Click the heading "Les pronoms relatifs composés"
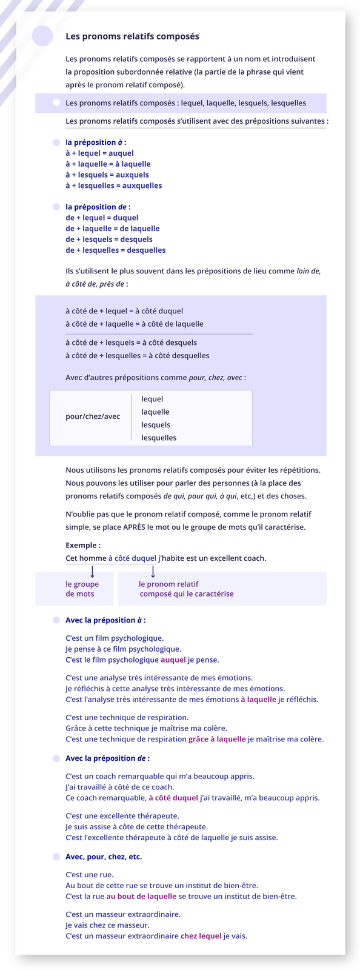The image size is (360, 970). [x=132, y=36]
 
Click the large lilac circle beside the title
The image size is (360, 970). [x=42, y=36]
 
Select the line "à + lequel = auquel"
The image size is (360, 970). [x=99, y=153]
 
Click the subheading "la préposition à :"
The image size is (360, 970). [x=96, y=142]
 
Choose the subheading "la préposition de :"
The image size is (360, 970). [x=98, y=207]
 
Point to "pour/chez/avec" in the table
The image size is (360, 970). [x=93, y=416]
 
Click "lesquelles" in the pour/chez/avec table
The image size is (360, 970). [x=159, y=438]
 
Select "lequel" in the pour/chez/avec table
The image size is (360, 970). [x=152, y=399]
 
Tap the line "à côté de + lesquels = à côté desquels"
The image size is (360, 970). [x=131, y=343]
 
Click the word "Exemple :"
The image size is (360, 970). [x=83, y=545]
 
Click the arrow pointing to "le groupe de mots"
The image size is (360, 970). [x=92, y=572]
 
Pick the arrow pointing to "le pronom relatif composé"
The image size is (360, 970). [x=153, y=572]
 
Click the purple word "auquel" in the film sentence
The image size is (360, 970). [x=173, y=660]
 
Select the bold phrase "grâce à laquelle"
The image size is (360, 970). [x=217, y=739]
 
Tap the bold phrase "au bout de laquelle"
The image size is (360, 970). [x=141, y=896]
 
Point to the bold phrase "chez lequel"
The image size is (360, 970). [x=201, y=936]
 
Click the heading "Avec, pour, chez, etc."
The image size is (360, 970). [x=104, y=857]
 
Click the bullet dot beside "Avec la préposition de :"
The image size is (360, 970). [x=56, y=758]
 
